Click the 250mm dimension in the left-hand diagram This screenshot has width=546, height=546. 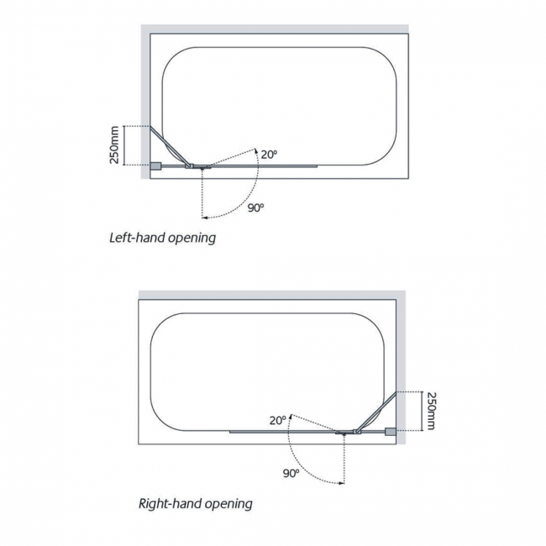114,144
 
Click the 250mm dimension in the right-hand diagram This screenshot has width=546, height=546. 432,411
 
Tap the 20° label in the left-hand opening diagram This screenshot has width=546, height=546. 269,155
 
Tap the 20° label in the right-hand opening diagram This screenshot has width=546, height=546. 277,420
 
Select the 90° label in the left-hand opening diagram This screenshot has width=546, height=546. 256,207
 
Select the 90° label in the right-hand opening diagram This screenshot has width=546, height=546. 291,474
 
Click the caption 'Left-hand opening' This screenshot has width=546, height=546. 163,238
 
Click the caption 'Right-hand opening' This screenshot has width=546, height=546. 196,504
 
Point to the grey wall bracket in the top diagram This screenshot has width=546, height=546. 155,166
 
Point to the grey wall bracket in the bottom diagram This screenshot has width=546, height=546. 391,432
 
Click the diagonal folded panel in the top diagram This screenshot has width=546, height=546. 171,146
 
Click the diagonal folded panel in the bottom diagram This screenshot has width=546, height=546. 376,412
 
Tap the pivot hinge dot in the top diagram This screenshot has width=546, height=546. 202,169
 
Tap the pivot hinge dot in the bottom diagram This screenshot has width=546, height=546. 344,434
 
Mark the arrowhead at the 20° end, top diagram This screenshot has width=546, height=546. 256,150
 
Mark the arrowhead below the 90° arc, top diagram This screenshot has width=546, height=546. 205,218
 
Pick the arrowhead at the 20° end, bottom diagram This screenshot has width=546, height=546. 291,416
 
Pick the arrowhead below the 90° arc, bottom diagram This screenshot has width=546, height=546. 342,483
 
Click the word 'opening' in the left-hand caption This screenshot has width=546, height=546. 192,239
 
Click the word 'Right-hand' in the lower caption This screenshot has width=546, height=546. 170,503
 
